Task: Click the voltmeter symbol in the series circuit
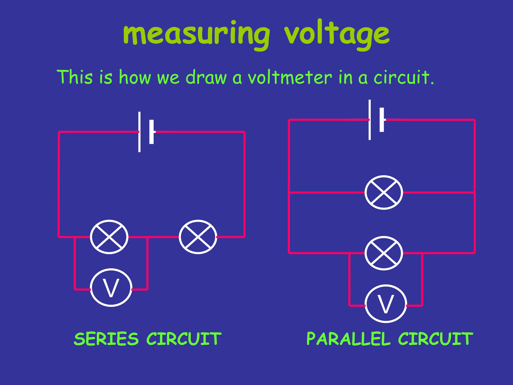(x=111, y=287)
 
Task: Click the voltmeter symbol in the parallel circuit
(x=386, y=304)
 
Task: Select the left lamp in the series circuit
(x=109, y=237)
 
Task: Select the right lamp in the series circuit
(x=198, y=237)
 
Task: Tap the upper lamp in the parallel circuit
(x=383, y=192)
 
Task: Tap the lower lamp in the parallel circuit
(x=383, y=253)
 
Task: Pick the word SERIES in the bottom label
(x=106, y=339)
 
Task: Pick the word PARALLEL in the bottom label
(x=348, y=339)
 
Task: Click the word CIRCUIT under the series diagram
(x=184, y=339)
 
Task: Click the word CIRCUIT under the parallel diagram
(x=435, y=339)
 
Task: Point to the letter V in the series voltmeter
(x=111, y=288)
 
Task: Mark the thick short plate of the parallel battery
(x=382, y=120)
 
